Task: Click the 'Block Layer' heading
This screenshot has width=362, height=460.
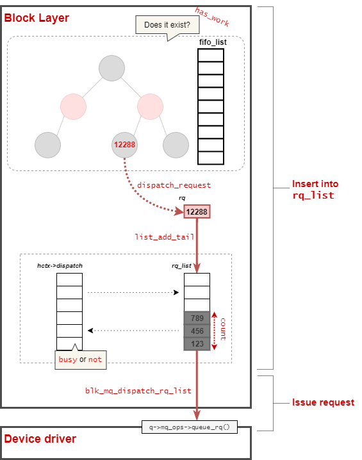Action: click(37, 18)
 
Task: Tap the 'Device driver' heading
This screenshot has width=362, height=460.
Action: click(40, 439)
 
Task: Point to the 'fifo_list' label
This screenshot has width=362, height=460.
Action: click(211, 42)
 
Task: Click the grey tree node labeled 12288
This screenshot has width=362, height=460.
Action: click(124, 145)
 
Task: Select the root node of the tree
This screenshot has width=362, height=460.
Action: click(111, 69)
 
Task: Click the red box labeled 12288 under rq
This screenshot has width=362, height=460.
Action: click(197, 211)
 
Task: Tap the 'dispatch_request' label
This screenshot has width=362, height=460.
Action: click(174, 185)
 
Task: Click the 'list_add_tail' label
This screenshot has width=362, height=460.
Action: click(164, 236)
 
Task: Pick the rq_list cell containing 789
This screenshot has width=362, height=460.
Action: click(197, 318)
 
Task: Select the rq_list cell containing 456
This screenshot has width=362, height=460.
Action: click(197, 331)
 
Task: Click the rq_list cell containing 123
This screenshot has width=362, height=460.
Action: click(197, 343)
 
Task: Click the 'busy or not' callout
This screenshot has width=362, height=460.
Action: click(80, 359)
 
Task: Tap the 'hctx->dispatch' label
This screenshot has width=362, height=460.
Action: click(60, 265)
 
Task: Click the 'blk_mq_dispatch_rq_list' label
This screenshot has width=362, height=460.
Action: click(138, 390)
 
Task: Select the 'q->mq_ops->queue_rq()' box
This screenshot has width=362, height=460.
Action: click(189, 427)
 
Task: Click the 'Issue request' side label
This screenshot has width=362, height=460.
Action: click(323, 402)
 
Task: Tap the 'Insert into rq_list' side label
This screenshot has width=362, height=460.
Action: click(315, 190)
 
